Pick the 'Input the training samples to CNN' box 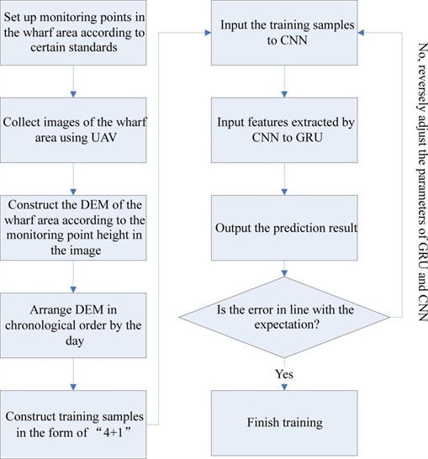(287, 34)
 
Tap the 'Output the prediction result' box (287, 228)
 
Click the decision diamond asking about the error (287, 317)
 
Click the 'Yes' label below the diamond (286, 371)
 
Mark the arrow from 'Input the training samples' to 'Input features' (287, 82)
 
